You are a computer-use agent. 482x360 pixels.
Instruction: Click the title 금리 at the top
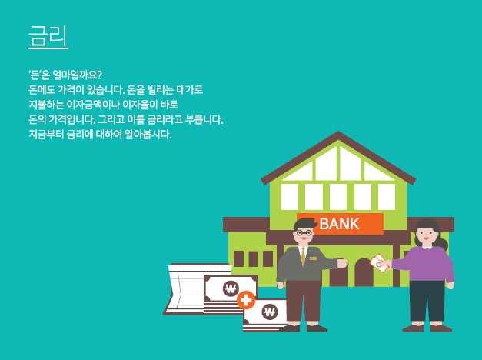[x=48, y=35]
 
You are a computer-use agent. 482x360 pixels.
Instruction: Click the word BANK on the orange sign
[x=339, y=224]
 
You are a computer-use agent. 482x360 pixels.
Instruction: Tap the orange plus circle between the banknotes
[x=246, y=300]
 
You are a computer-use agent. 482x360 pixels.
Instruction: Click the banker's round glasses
[x=304, y=233]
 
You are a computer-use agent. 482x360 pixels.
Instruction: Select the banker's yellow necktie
[x=303, y=256]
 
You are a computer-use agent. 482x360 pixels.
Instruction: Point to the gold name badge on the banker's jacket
[x=313, y=258]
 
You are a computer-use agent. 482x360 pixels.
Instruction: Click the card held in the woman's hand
[x=379, y=263]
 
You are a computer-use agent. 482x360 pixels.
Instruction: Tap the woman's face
[x=427, y=235]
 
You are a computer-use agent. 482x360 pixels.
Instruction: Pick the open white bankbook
[x=191, y=289]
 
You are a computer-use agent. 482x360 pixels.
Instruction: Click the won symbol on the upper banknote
[x=231, y=288]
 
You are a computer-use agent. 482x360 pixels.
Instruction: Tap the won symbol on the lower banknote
[x=270, y=312]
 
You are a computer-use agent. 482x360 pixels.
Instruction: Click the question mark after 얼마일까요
[x=98, y=75]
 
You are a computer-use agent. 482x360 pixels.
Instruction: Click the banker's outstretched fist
[x=342, y=263]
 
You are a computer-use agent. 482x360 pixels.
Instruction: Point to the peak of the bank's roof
[x=338, y=132]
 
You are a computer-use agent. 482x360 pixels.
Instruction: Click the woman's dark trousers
[x=427, y=301]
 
